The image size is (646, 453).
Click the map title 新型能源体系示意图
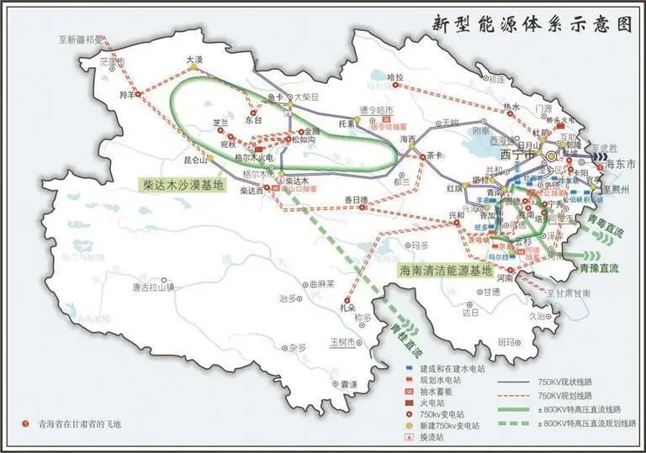click(532, 24)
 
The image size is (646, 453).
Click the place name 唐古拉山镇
click(153, 287)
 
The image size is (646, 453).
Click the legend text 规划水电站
click(446, 380)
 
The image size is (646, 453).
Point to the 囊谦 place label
click(350, 384)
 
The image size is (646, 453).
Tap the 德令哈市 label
click(376, 110)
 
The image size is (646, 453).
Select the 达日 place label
click(469, 312)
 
